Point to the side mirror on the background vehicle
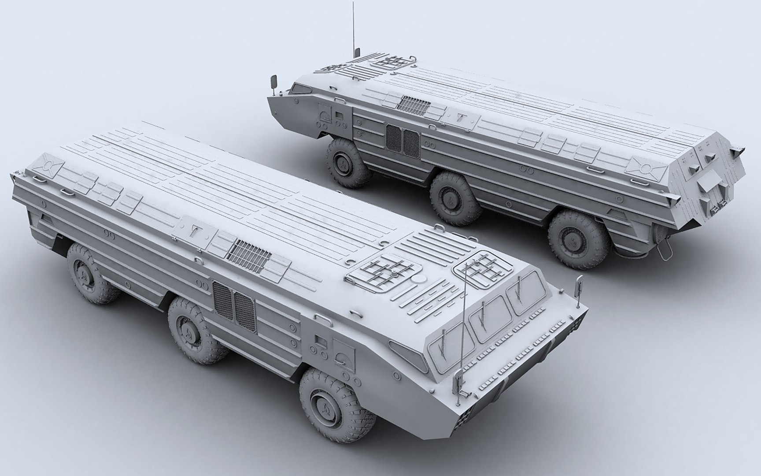tap(274, 82)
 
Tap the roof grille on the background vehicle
tap(414, 104)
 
